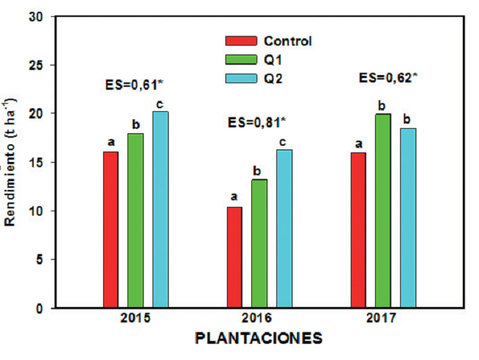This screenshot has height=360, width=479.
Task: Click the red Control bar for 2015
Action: pyautogui.click(x=111, y=230)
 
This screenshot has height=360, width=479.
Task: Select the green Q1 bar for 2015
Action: pyautogui.click(x=135, y=220)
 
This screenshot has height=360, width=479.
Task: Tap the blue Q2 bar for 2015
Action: pyautogui.click(x=160, y=209)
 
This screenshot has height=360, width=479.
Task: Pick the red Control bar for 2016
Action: pyautogui.click(x=234, y=257)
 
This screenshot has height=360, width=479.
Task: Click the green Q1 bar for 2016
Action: pyautogui.click(x=259, y=243)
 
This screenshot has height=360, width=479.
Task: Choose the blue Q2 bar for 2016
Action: pyautogui.click(x=284, y=228)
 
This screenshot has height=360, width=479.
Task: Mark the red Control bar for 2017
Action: pyautogui.click(x=358, y=230)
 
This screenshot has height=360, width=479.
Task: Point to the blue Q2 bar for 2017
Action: pyautogui.click(x=408, y=218)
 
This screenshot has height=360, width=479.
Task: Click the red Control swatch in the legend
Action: pyautogui.click(x=241, y=41)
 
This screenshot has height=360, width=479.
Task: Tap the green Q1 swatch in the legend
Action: pyautogui.click(x=241, y=59)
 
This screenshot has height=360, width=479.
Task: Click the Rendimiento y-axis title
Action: pyautogui.click(x=10, y=161)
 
